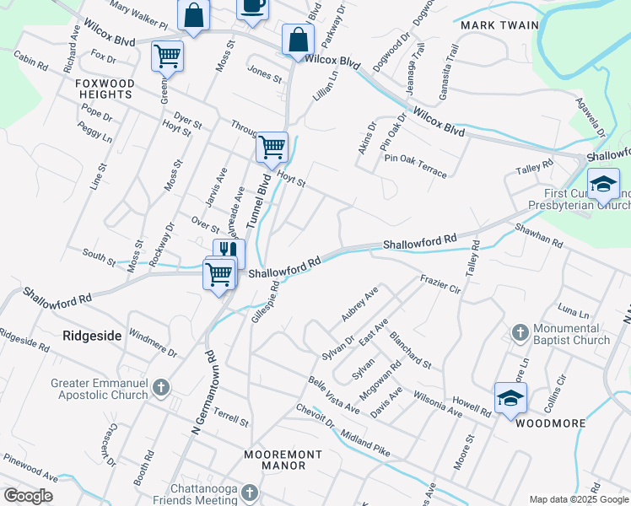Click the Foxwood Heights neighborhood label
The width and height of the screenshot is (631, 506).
tap(104, 89)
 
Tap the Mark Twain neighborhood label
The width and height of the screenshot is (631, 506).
tap(499, 25)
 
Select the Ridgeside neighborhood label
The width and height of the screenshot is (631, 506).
tap(93, 335)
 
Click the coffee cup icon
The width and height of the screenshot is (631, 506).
tap(251, 7)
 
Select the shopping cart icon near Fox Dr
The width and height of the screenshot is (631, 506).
tap(167, 56)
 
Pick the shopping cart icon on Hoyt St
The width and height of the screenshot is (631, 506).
tap(272, 147)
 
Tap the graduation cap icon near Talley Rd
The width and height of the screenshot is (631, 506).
tap(603, 183)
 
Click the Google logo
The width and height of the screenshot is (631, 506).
tap(28, 496)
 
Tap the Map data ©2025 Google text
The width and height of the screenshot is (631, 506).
tap(578, 499)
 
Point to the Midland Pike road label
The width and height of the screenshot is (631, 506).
tap(364, 444)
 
